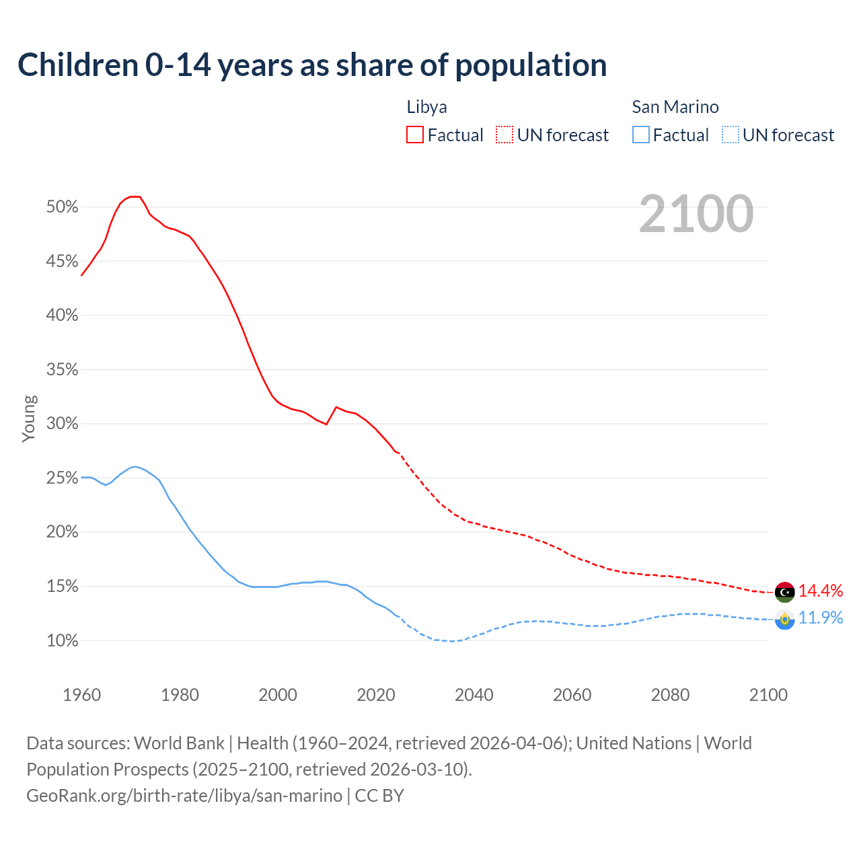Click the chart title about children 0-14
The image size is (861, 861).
coord(312,65)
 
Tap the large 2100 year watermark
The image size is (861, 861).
coord(696,214)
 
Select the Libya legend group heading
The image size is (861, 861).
coord(426,107)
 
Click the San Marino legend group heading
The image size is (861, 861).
coord(675,107)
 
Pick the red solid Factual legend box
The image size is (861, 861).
coord(415,135)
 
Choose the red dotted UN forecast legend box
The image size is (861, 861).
coord(504,135)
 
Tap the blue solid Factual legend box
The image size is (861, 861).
coord(641,135)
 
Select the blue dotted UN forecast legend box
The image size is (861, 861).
coord(731,135)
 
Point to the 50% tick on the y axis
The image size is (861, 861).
coord(63,207)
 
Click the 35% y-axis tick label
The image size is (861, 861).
coord(63,370)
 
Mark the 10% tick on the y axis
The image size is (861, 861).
coord(63,641)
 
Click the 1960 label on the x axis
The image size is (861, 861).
coord(81,695)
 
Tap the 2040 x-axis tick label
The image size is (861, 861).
coord(474,695)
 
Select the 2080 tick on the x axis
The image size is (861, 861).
coord(670,695)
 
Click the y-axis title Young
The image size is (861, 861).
coord(29,418)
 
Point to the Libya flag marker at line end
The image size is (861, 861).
coord(784,592)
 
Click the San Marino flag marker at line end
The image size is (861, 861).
coord(784,619)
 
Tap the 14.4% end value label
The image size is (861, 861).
coord(821,591)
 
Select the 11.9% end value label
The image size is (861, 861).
coord(821,617)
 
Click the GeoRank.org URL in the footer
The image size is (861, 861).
coord(184,796)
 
